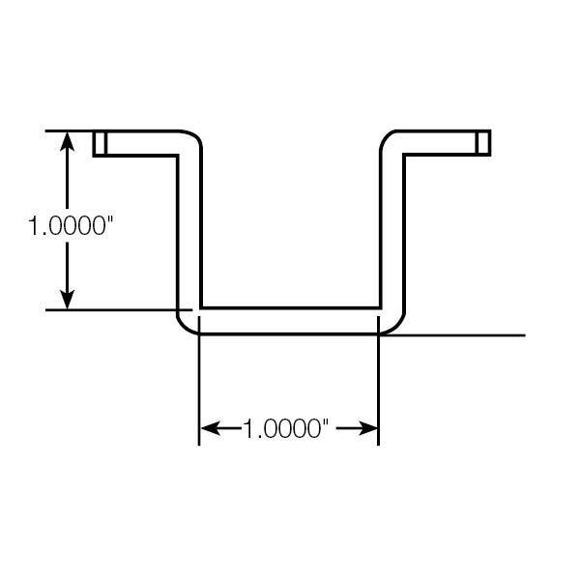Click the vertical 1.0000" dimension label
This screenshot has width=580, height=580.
[71, 225]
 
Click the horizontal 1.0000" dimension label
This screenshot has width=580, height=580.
[286, 428]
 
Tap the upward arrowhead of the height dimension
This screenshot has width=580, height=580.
[67, 142]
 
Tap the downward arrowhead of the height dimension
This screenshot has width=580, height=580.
[67, 300]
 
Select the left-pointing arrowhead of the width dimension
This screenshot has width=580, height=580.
[211, 428]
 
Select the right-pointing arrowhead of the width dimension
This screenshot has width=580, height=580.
[368, 428]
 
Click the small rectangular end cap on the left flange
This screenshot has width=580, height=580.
[100, 143]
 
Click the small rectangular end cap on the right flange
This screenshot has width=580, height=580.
[483, 143]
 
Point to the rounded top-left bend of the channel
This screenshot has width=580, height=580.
[195, 137]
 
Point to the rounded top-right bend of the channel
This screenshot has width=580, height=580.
[386, 138]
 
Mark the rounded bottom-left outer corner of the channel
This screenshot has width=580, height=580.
[185, 328]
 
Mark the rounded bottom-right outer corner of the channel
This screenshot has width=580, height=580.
[396, 328]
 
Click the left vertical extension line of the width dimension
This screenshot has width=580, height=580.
[199, 381]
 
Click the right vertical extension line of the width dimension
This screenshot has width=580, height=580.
[378, 381]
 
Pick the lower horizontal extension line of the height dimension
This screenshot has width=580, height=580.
[119, 310]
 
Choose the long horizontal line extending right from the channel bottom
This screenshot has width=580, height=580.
[453, 335]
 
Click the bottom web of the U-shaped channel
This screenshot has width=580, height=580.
[290, 321]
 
